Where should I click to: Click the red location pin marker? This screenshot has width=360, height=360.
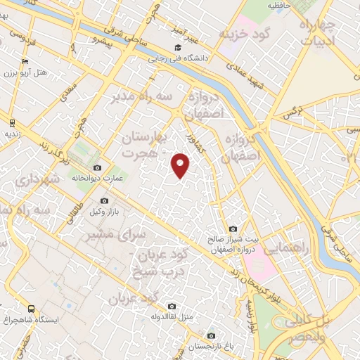pyautogui.click(x=181, y=165)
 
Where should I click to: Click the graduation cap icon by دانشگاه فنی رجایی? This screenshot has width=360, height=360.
pyautogui.click(x=170, y=48)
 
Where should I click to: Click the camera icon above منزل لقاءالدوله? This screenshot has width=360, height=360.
pyautogui.click(x=172, y=306)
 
